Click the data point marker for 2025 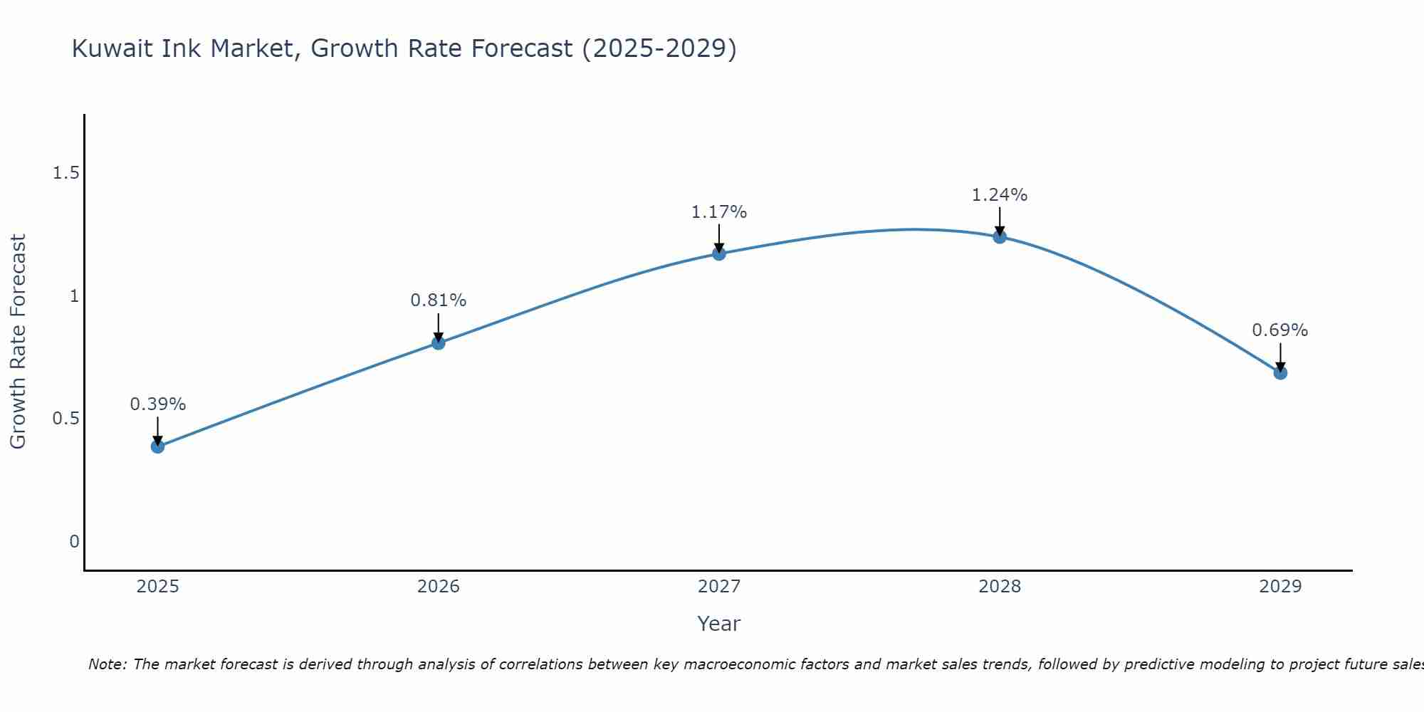[157, 446]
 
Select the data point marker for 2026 [438, 343]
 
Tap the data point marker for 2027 [718, 253]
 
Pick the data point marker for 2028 [999, 237]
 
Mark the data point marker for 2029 [1279, 372]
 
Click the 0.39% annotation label [157, 404]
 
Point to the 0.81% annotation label [438, 300]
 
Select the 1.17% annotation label [718, 212]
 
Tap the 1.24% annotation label [999, 195]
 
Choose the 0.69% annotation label [1279, 330]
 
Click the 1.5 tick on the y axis [66, 173]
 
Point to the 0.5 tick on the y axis [66, 419]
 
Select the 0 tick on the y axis [74, 542]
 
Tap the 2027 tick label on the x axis [718, 587]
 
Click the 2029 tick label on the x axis [1279, 587]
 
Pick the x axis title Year [718, 624]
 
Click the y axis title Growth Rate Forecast [18, 342]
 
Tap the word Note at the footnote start [107, 664]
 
